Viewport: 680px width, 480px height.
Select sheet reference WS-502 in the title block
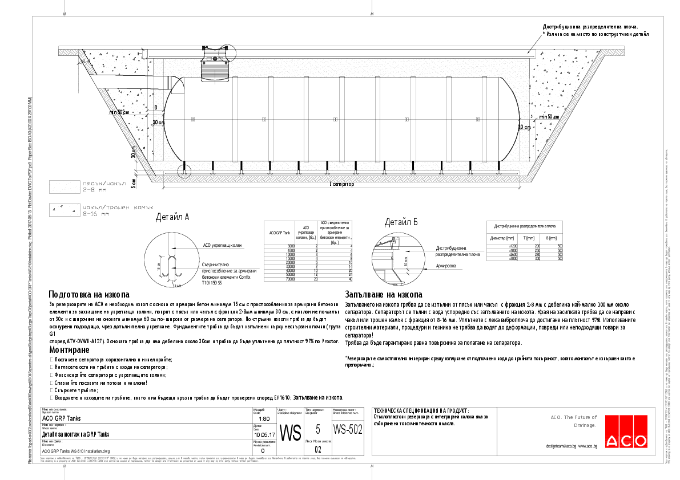tap(348, 429)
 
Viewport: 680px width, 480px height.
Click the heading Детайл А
tap(172, 217)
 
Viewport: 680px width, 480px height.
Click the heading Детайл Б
tap(401, 222)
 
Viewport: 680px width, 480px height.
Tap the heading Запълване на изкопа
tap(383, 294)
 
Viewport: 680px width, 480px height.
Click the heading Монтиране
tap(69, 349)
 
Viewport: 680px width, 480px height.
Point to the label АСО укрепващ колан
tap(223, 245)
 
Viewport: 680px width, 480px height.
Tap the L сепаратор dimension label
tap(341, 184)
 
